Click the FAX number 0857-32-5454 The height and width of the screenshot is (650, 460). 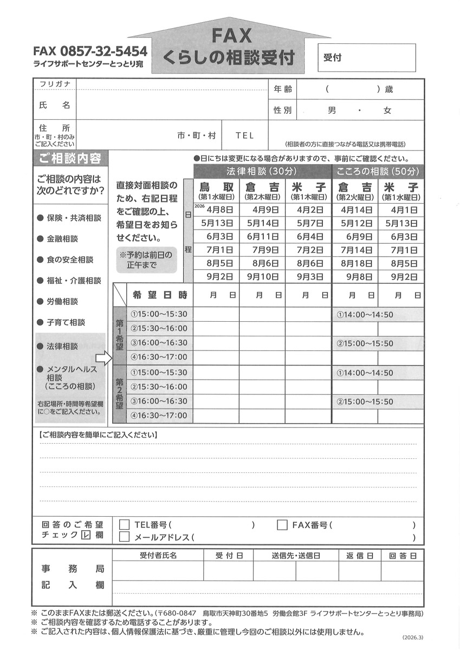(90, 51)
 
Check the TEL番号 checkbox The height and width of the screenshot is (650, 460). (125, 524)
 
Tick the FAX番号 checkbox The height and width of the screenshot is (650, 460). (282, 524)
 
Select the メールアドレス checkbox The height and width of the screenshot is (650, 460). (125, 537)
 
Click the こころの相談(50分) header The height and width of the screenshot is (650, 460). (378, 172)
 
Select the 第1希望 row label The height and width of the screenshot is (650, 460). (119, 335)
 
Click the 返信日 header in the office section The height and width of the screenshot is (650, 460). (357, 555)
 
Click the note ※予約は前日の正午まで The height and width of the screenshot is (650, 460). (145, 260)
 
